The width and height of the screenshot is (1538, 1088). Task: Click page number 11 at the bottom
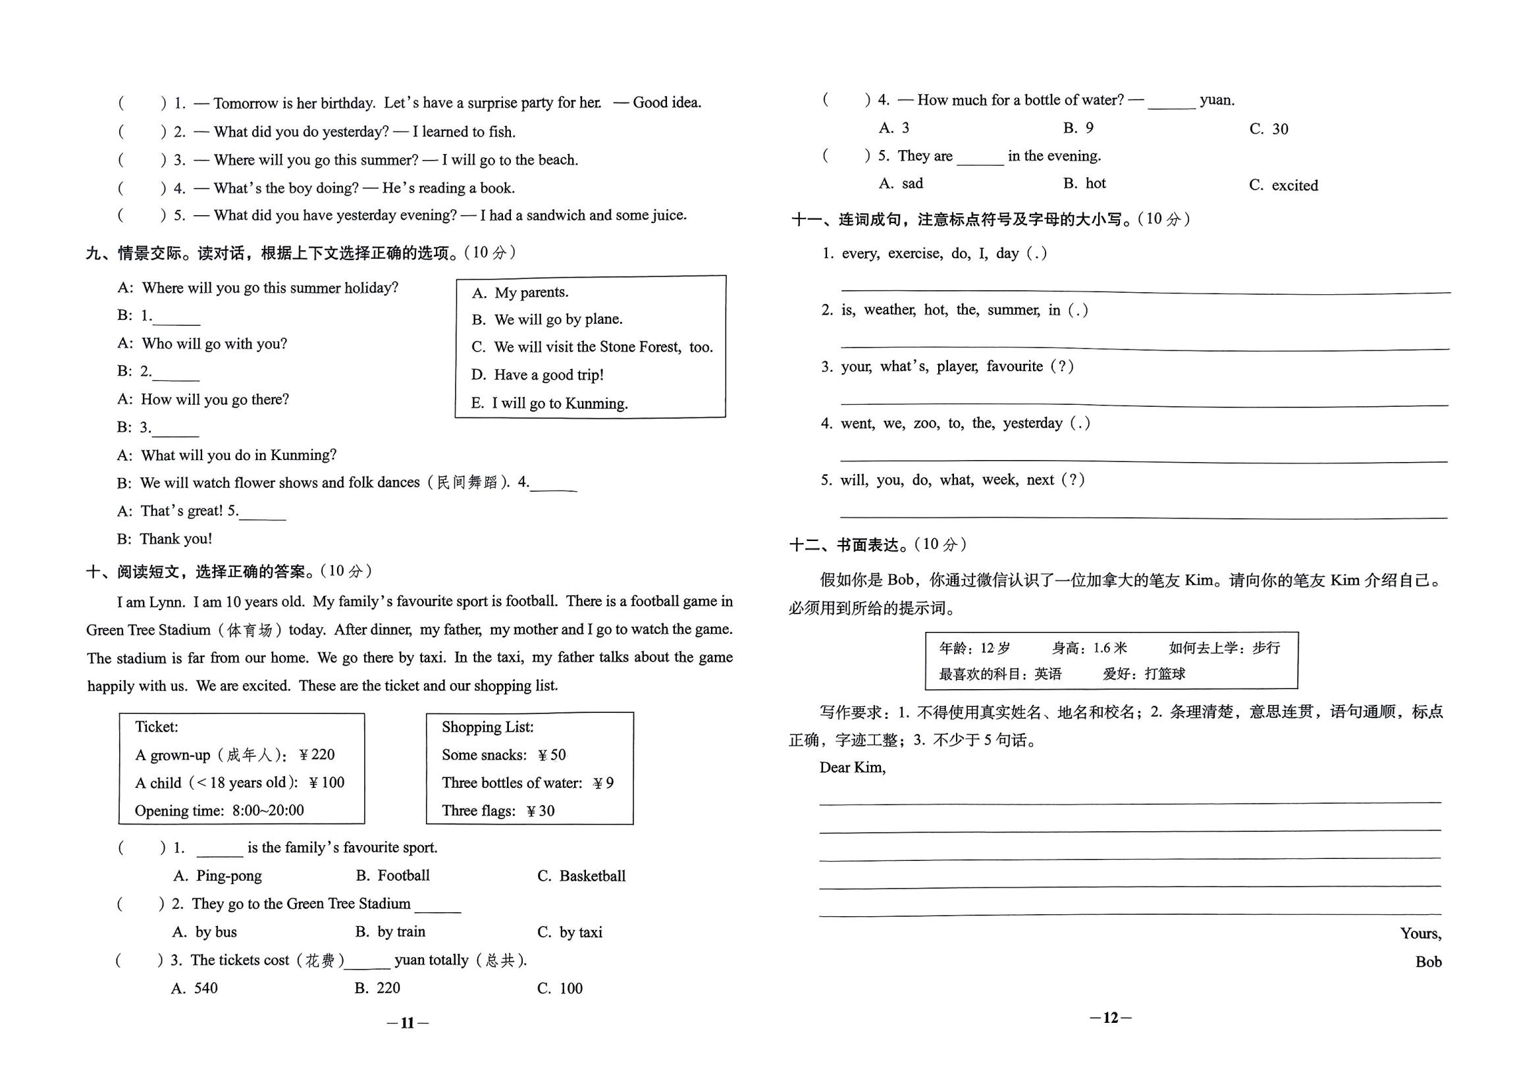pyautogui.click(x=408, y=1023)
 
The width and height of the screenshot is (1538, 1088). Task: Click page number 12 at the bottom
pyautogui.click(x=1111, y=1018)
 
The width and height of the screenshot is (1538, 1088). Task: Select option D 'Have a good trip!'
pyautogui.click(x=537, y=375)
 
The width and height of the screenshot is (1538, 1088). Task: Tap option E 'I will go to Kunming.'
pyautogui.click(x=550, y=403)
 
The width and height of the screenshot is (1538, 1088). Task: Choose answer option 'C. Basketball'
pyautogui.click(x=582, y=875)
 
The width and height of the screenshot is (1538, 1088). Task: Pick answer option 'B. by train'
pyautogui.click(x=390, y=931)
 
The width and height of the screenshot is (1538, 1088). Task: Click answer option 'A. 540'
pyautogui.click(x=195, y=988)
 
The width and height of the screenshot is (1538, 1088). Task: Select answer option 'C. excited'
pyautogui.click(x=1283, y=186)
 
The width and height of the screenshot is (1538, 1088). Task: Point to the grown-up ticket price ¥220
pyautogui.click(x=317, y=754)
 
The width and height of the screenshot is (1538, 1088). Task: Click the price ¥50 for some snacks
pyautogui.click(x=552, y=755)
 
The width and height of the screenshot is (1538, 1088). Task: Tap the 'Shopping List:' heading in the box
pyautogui.click(x=488, y=727)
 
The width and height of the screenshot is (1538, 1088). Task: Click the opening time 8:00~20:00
pyautogui.click(x=268, y=811)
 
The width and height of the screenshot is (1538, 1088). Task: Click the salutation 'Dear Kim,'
pyautogui.click(x=853, y=767)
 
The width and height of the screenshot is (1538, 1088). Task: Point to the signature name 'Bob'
pyautogui.click(x=1428, y=962)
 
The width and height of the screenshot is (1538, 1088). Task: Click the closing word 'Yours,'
pyautogui.click(x=1421, y=934)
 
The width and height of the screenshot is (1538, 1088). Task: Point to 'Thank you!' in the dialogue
pyautogui.click(x=176, y=539)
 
